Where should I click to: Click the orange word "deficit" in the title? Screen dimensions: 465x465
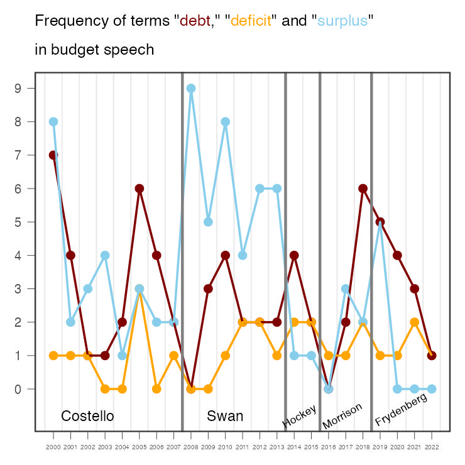point(251,21)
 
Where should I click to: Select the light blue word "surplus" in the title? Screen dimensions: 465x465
point(342,21)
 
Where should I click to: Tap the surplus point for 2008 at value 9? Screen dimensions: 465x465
point(191,89)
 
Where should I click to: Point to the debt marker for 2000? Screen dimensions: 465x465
point(53,155)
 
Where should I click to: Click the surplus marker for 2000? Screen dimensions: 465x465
point(53,122)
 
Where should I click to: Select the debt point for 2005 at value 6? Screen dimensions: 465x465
point(139,189)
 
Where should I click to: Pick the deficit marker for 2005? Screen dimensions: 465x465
point(139,289)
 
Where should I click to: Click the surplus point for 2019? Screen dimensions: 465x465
point(380,222)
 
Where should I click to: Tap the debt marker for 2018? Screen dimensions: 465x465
point(363,189)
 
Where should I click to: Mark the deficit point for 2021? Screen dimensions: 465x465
point(415,322)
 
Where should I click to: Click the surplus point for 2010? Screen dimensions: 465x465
point(225,122)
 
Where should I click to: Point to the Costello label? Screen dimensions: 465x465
point(87,416)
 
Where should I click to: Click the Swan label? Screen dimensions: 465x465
point(225,416)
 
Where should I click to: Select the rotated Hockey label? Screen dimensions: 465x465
point(299,416)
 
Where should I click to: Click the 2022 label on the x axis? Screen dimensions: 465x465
point(432,447)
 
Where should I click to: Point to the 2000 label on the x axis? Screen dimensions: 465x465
point(53,447)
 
